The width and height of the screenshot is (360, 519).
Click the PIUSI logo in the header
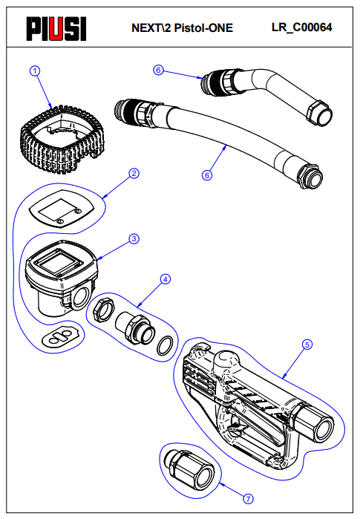tap(56, 29)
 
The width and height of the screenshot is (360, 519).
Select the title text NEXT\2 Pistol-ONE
tap(183, 27)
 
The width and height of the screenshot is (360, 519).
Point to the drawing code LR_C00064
tap(302, 27)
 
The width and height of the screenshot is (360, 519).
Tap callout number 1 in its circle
tap(35, 71)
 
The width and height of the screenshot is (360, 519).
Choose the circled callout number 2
tap(134, 174)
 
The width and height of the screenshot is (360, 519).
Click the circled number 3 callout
tap(134, 238)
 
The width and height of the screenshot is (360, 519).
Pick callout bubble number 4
tap(166, 279)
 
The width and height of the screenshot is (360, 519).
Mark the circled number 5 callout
tap(307, 345)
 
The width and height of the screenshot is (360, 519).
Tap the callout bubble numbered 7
tap(248, 499)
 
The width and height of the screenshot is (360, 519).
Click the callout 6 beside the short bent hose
tap(158, 70)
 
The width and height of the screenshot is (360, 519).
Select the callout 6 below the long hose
tap(207, 175)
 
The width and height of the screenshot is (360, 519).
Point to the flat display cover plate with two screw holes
tap(62, 209)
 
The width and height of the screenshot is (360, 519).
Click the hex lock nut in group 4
tap(103, 308)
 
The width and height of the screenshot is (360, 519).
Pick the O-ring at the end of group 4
tap(165, 345)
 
